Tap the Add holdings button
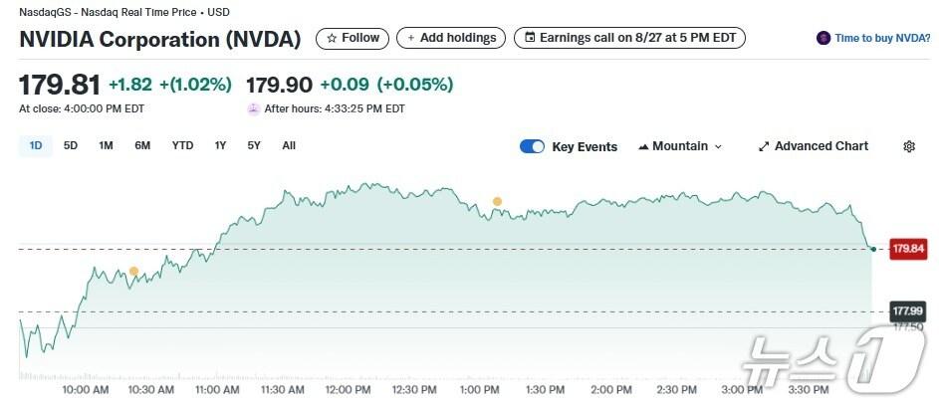click(x=450, y=38)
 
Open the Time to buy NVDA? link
click(x=873, y=38)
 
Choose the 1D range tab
click(x=36, y=146)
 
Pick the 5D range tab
click(x=71, y=146)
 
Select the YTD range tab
click(x=182, y=146)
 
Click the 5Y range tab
click(x=254, y=146)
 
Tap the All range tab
click(x=289, y=146)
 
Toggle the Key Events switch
click(x=532, y=146)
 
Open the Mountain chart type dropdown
click(x=680, y=146)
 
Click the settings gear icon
click(x=909, y=146)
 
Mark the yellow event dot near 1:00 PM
click(x=497, y=202)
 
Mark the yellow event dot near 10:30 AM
click(x=133, y=271)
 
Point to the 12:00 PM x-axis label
click(x=348, y=389)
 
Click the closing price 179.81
click(x=60, y=85)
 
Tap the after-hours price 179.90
click(x=279, y=85)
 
